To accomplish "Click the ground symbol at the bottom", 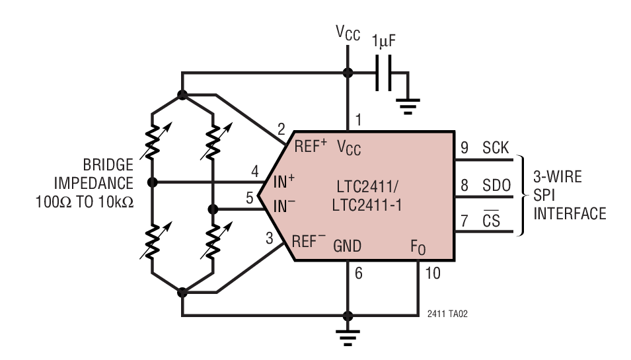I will [348, 336].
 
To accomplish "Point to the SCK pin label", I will [496, 148].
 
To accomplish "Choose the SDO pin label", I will [496, 186].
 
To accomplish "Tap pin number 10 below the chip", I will [433, 272].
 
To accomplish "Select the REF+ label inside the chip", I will [311, 147].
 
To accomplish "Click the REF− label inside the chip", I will [310, 242].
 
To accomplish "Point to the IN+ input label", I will [285, 180].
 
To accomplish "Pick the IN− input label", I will [285, 205].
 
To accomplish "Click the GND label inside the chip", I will [347, 246].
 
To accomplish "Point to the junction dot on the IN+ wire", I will [153, 182].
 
